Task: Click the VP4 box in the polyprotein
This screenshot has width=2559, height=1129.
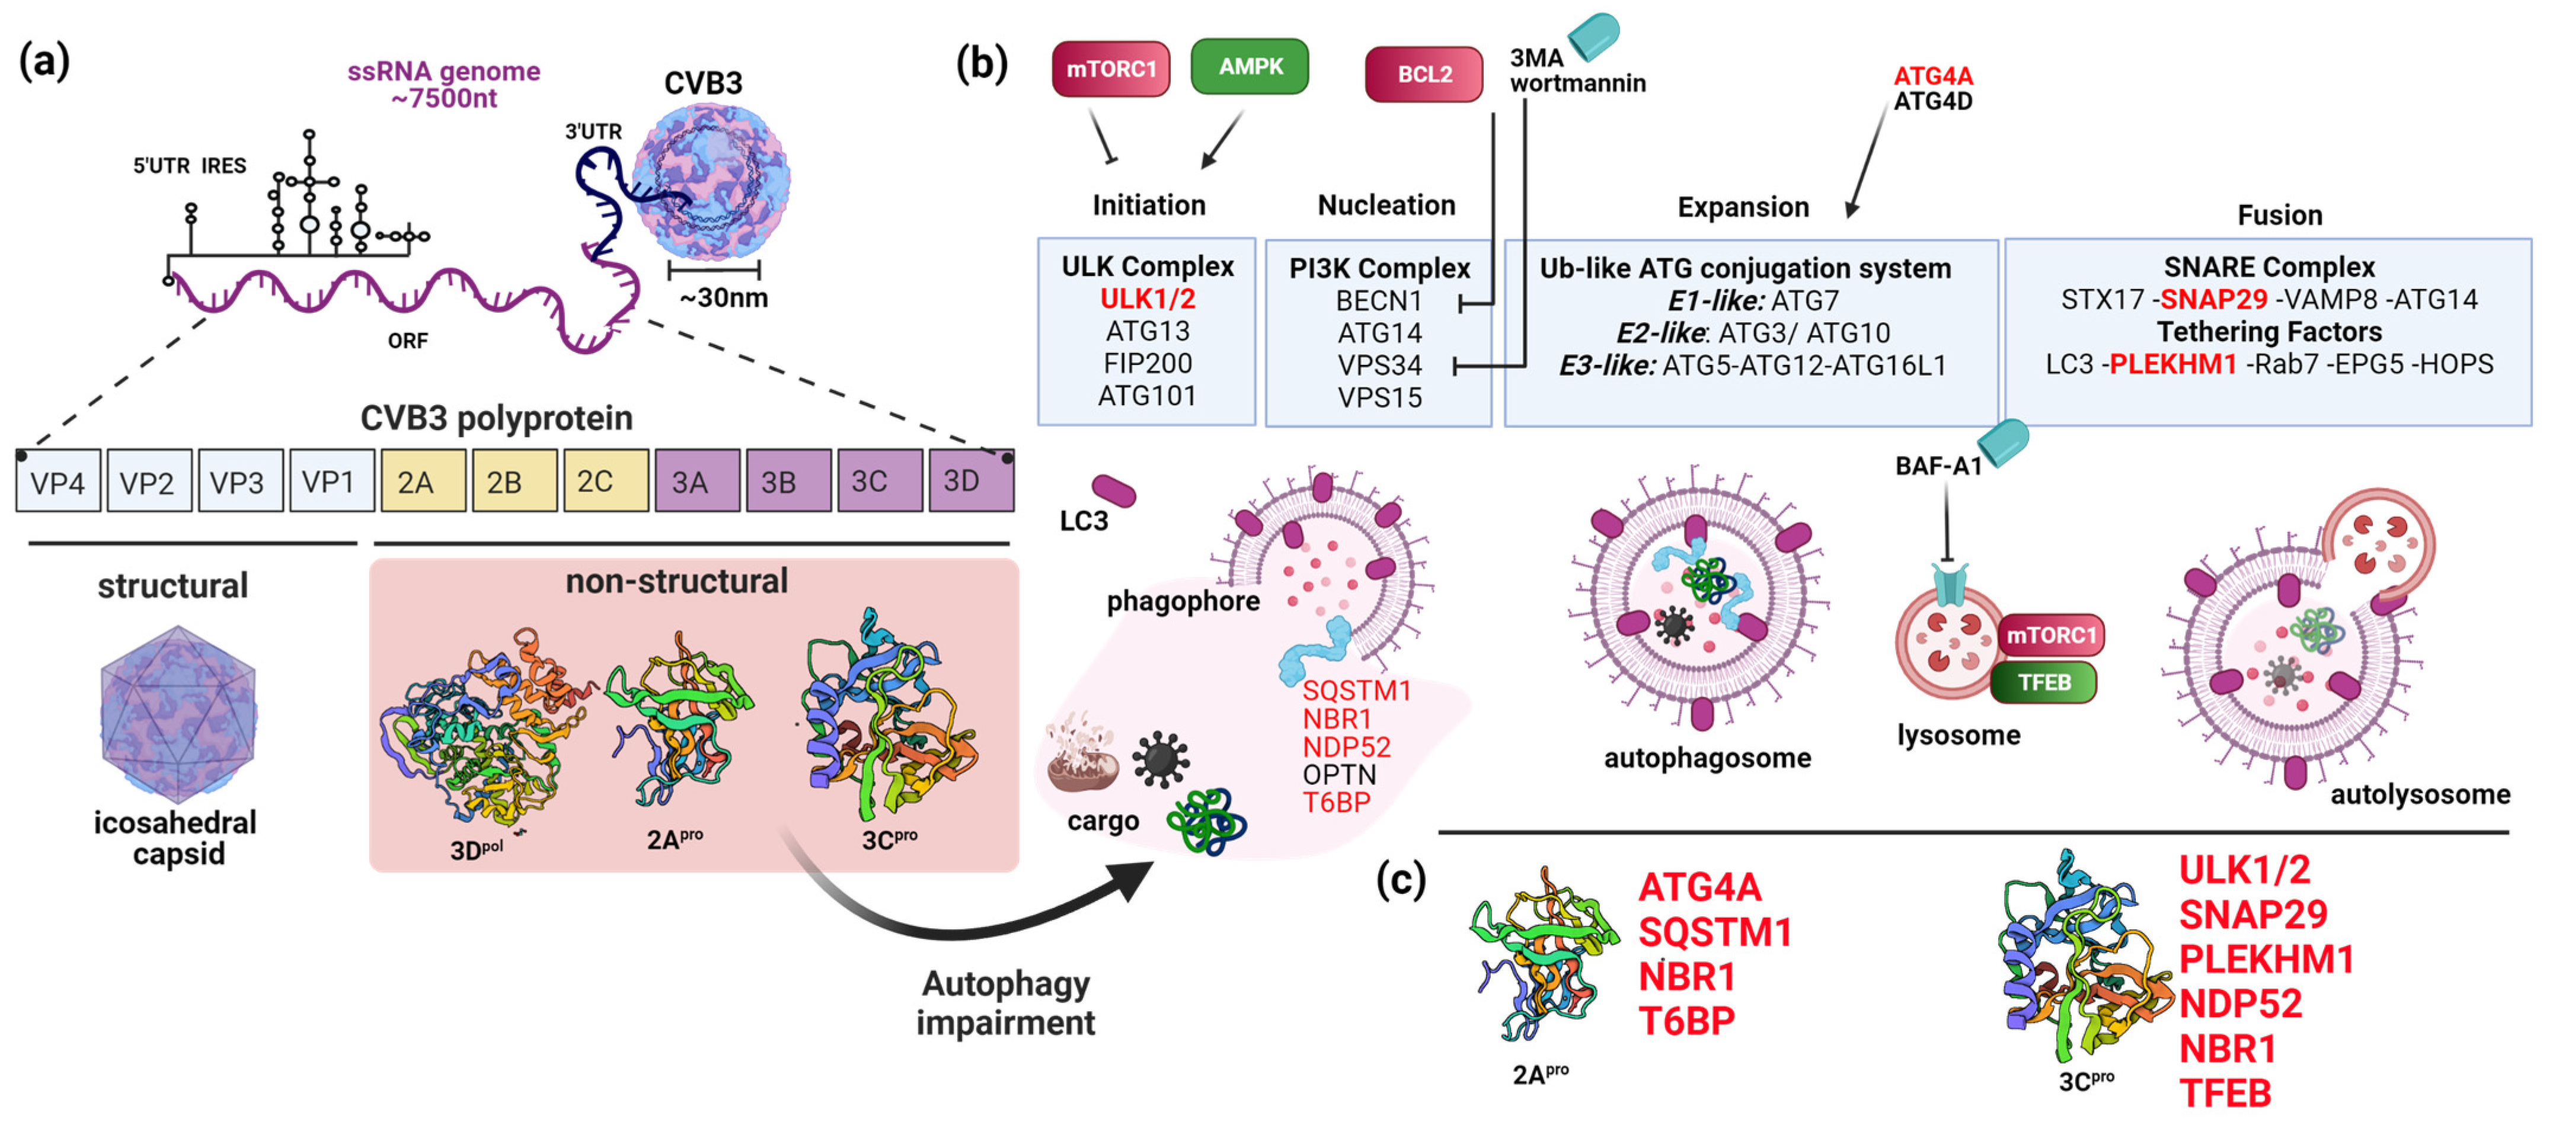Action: pos(57,482)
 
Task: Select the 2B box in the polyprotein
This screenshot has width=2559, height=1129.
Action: pos(513,482)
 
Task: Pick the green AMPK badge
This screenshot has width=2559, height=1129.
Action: pos(1249,66)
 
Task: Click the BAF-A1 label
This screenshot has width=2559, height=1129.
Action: pos(1937,466)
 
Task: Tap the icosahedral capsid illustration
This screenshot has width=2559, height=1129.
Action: pos(179,713)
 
